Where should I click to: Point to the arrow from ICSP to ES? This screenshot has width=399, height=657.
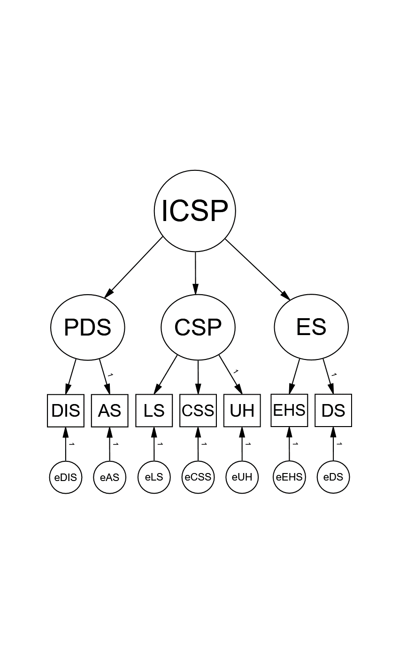point(258,269)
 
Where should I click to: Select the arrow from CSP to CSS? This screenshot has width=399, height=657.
point(198,377)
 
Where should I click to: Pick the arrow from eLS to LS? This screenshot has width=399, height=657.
point(154,444)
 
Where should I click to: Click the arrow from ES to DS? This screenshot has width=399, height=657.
point(329,376)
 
